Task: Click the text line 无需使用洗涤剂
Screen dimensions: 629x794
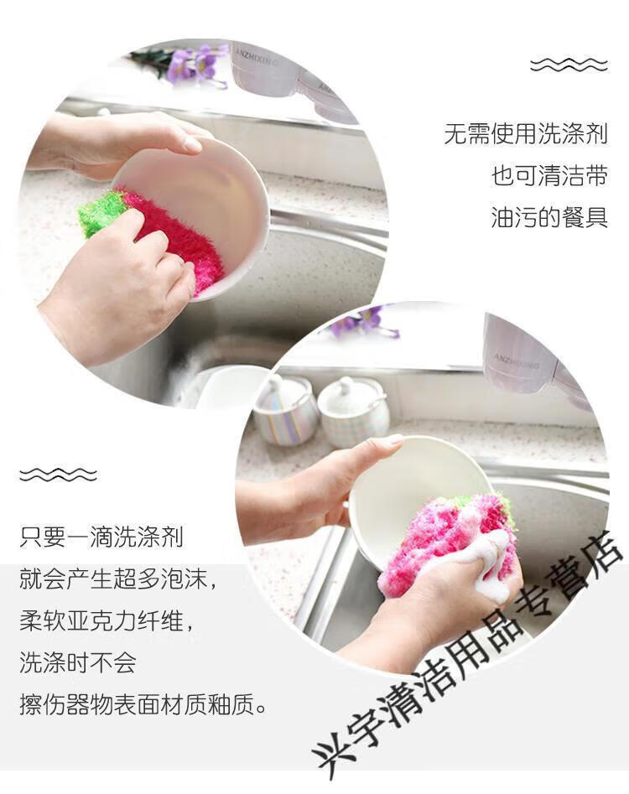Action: point(526,134)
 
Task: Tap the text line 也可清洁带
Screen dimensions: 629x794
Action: point(549,176)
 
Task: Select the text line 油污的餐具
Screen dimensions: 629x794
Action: point(549,217)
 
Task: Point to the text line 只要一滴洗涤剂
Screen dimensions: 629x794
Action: point(101,537)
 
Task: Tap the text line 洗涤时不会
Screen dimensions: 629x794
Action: point(77,662)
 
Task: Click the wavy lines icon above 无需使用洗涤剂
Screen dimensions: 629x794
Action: point(569,65)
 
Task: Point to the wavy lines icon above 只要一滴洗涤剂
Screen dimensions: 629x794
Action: point(58,475)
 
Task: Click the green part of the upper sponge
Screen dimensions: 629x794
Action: point(100,213)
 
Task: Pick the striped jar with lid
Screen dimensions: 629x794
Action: point(285,410)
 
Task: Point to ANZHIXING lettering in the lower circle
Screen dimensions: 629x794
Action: point(517,361)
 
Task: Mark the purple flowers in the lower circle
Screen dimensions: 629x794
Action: point(365,322)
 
